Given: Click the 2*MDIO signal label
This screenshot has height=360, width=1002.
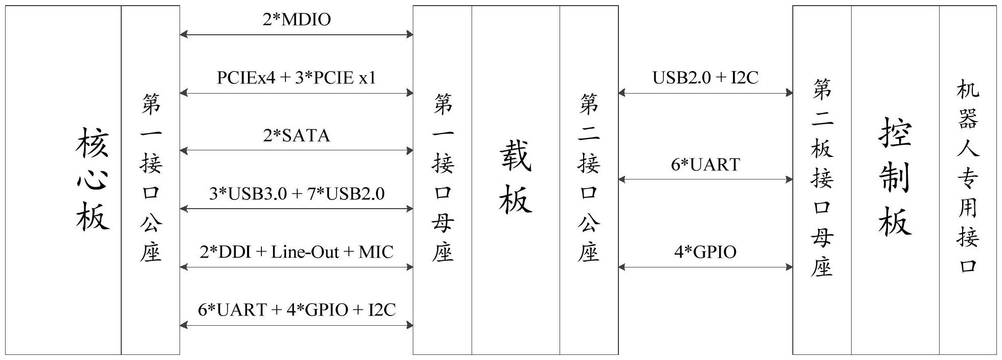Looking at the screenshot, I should coord(297,19).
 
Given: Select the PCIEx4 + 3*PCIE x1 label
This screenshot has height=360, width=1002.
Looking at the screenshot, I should coord(297,78).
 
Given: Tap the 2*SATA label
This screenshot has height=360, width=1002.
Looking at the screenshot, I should coord(297,136).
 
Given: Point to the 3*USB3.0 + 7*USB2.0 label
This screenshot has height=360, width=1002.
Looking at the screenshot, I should coord(297,194).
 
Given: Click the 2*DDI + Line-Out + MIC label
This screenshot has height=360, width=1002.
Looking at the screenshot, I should coord(297,252).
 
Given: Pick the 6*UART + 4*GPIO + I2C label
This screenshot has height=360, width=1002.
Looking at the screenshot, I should coord(297,310).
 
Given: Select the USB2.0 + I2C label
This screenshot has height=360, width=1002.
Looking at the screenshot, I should coord(705,78).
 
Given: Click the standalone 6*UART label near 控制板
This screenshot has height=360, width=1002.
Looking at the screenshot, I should coord(705,165).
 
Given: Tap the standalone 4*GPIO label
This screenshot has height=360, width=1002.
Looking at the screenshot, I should coord(705,252).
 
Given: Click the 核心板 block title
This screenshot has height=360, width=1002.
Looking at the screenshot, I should coord(93,179).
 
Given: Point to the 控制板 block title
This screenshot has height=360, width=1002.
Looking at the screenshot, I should coord(895,176).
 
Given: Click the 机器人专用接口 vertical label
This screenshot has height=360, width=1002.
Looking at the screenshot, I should coord(968,176).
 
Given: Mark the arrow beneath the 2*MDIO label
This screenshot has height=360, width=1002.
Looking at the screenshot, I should coord(297,34).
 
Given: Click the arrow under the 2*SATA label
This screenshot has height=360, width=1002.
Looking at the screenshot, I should coord(297,151).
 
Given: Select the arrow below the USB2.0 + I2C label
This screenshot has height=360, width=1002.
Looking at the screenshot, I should coord(705,93).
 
